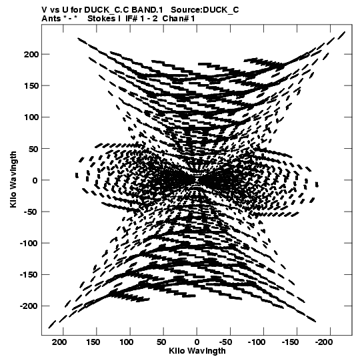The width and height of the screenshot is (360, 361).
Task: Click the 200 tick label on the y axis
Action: pos(31,55)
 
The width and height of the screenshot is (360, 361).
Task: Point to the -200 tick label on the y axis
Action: pos(29,306)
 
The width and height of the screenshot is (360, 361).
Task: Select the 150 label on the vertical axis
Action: pos(31,86)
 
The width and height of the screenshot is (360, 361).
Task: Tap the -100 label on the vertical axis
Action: pos(29,244)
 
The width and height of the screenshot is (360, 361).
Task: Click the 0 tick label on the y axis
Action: pos(35,180)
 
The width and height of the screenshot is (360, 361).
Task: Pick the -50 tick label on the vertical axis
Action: pos(31,212)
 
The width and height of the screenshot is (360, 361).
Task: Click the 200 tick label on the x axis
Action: pos(59,342)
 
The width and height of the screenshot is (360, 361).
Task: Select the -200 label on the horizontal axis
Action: pos(323,342)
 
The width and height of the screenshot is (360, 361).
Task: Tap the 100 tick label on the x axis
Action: pos(126,342)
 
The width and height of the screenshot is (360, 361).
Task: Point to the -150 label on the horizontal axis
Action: pos(290,342)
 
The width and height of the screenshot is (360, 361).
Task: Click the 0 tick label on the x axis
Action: pos(197,342)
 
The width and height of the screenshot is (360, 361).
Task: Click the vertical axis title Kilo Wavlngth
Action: pos(13,179)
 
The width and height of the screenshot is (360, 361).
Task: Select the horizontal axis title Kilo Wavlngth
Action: pos(197,351)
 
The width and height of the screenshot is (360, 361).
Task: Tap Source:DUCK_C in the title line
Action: pos(205,10)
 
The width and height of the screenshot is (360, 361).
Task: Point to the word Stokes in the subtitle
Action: pos(101,19)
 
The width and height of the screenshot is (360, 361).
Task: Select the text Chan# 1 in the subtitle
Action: pos(179,19)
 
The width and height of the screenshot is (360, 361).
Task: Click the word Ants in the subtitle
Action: pos(51,19)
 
